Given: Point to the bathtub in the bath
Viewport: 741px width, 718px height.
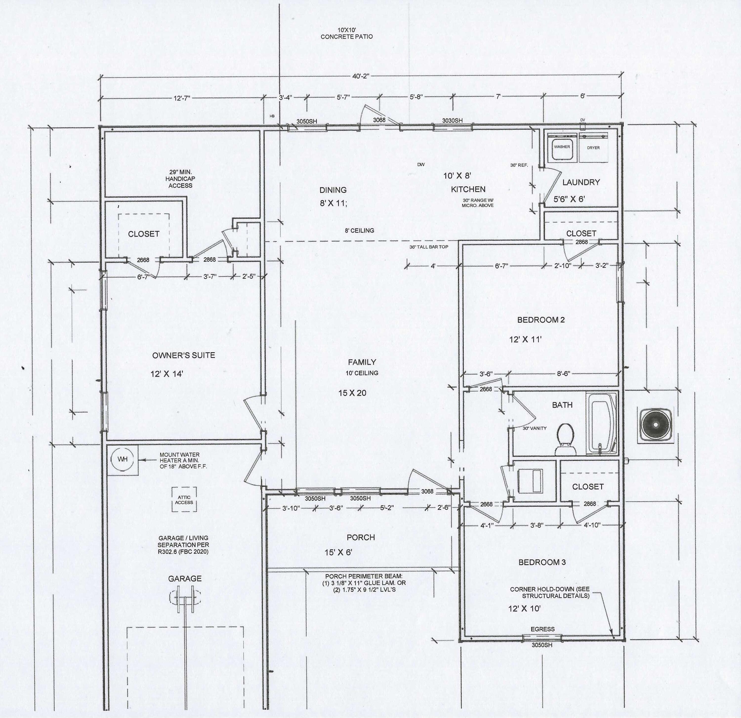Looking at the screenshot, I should pyautogui.click(x=601, y=423).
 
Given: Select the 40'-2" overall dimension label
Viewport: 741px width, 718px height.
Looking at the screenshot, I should pyautogui.click(x=361, y=76).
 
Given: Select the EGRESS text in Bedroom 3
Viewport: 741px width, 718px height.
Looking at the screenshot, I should pyautogui.click(x=542, y=629).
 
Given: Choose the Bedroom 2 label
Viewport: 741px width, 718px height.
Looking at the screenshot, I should pyautogui.click(x=541, y=320).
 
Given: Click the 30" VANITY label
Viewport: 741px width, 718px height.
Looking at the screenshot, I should pyautogui.click(x=535, y=428).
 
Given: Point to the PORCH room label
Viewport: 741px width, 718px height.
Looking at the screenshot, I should pyautogui.click(x=361, y=538).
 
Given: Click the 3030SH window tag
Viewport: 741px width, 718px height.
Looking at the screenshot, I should pyautogui.click(x=452, y=120).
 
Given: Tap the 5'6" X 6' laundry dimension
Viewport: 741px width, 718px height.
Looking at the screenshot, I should pyautogui.click(x=569, y=199).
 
